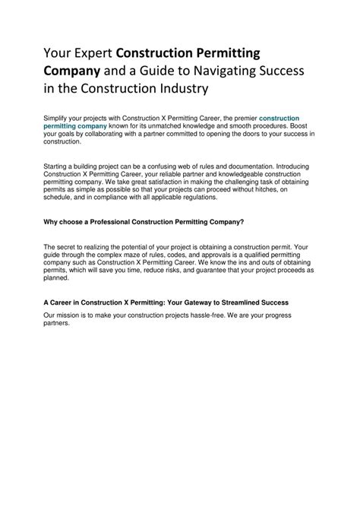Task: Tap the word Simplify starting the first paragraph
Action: pyautogui.click(x=57, y=119)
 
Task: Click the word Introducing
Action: pyautogui.click(x=289, y=165)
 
